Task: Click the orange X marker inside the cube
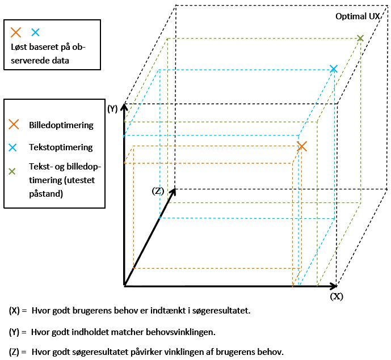(x=302, y=146)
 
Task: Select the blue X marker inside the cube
(x=333, y=69)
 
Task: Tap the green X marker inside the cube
(x=360, y=38)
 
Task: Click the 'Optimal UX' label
(x=358, y=16)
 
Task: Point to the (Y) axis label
(x=112, y=109)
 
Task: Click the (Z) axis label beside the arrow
(x=158, y=191)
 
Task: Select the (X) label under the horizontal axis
(x=337, y=297)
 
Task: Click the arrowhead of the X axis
(x=334, y=286)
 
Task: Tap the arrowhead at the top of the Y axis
(x=124, y=107)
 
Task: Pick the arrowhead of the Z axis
(x=173, y=192)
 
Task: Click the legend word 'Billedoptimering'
(x=61, y=125)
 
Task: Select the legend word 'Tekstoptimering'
(x=61, y=147)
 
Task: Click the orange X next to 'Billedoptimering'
(x=14, y=124)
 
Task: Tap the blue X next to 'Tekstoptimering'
(x=12, y=147)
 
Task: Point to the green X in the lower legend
(x=12, y=171)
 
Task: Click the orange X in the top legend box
(x=16, y=32)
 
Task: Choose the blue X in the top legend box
(x=35, y=32)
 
